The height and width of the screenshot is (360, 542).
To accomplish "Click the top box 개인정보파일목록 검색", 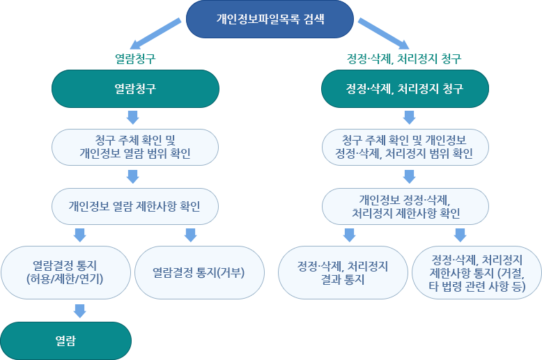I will point(270,19).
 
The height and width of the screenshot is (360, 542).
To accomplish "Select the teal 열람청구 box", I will point(136,89).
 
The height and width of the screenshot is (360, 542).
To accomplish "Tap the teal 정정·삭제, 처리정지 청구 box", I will point(405,89).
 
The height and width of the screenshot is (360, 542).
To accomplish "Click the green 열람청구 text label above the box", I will point(135,58).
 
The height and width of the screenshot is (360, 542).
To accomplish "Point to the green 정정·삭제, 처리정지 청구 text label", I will point(404,58).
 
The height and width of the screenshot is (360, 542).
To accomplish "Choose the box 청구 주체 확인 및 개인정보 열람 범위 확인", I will point(136,146).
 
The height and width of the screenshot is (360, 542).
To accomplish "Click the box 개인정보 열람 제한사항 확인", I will point(136,206).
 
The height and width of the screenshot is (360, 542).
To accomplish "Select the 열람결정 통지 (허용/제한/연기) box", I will point(66,272).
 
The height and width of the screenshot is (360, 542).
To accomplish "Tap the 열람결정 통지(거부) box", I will point(199,272).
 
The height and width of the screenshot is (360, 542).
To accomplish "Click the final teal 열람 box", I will point(66,341).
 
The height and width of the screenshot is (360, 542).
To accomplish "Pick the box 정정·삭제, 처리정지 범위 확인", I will point(405,146).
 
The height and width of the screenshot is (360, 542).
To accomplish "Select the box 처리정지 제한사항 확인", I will point(405,206).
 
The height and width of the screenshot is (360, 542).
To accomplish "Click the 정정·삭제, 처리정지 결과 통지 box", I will point(342,272).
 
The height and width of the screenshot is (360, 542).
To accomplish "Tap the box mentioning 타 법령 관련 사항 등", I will point(477,272).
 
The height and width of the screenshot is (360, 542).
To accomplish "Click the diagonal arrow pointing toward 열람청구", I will point(154,33).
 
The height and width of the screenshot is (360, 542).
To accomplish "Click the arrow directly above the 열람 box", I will point(79,311).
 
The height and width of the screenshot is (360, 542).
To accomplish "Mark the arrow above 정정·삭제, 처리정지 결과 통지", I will point(349,235).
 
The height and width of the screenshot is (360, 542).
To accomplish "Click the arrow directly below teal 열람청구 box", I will point(134,116).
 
